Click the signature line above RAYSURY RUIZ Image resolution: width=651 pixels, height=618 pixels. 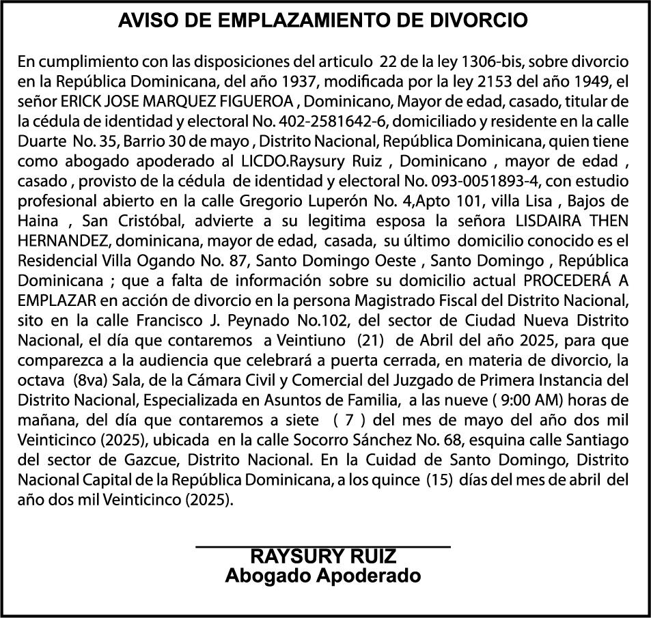pyautogui.click(x=323, y=546)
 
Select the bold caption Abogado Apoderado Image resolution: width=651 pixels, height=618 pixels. pyautogui.click(x=323, y=576)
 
